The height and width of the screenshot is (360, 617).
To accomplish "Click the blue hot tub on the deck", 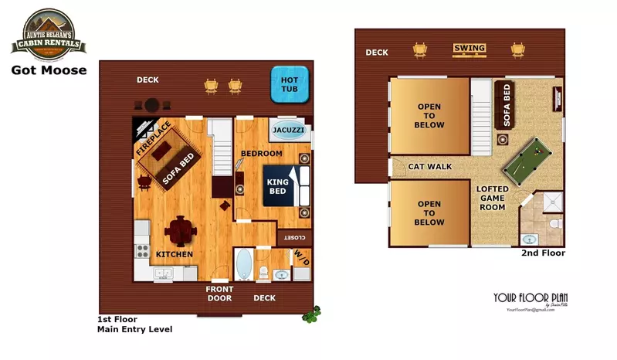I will click(290, 86).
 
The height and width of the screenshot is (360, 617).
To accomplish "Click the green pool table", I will click(532, 158).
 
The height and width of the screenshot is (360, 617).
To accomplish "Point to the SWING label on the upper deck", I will click(470, 49).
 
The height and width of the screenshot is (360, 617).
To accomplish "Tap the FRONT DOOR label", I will click(219, 294).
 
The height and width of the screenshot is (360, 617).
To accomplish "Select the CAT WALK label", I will click(430, 166).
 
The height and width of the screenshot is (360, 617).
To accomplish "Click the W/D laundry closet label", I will click(300, 258).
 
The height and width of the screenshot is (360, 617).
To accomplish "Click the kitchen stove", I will click(142, 250).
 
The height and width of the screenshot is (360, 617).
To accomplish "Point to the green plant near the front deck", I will click(311, 314).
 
